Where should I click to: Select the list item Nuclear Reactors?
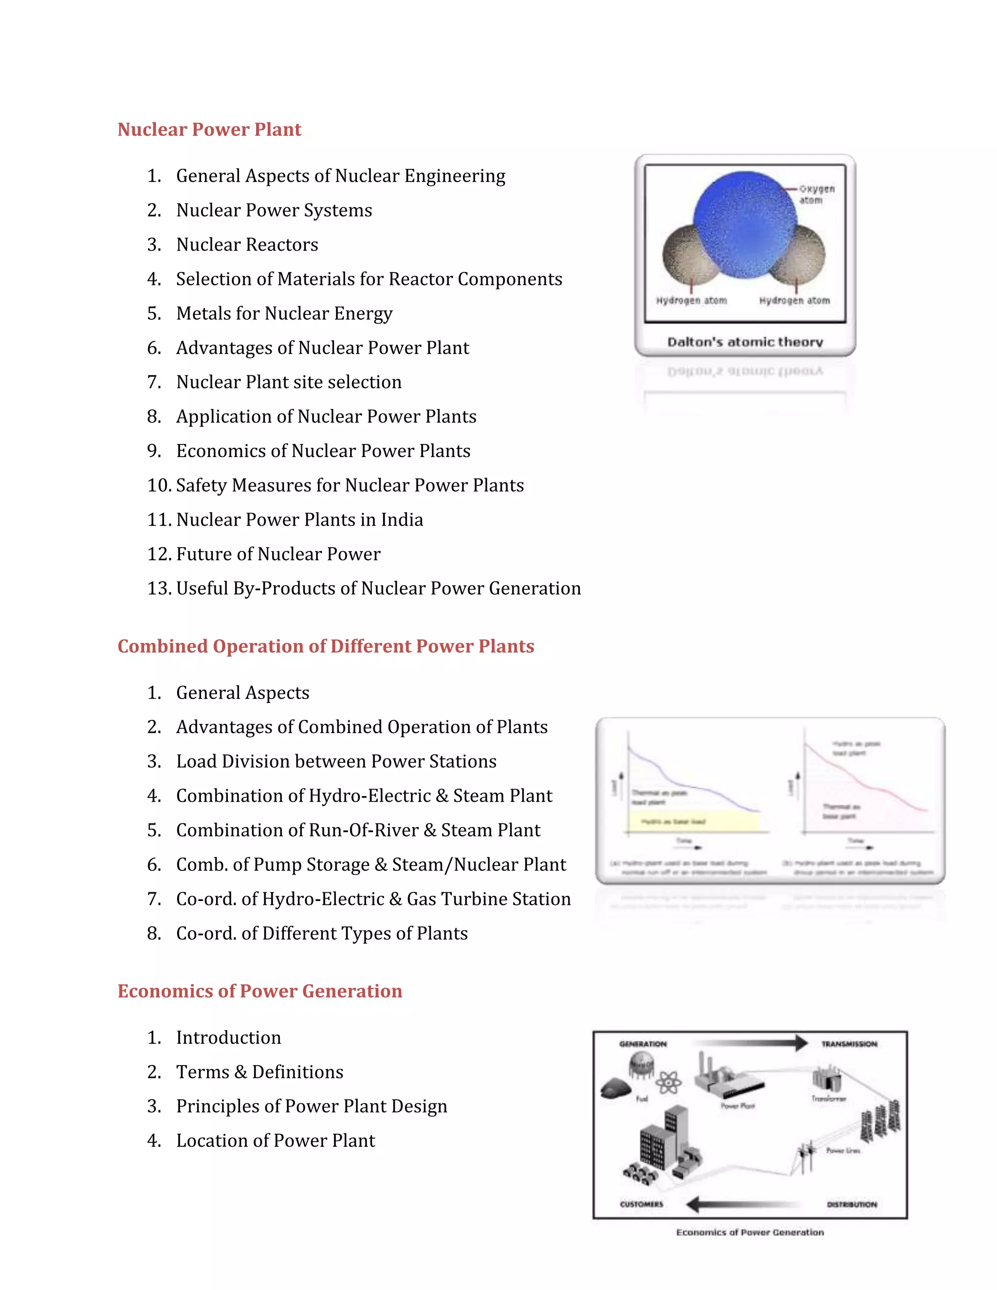[247, 244]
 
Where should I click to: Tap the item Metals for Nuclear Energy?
[284, 313]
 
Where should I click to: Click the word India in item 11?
[402, 520]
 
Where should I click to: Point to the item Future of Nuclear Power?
[278, 554]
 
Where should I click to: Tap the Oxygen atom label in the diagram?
[816, 194]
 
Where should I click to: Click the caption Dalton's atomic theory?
[745, 342]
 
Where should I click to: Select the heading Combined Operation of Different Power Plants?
[326, 646]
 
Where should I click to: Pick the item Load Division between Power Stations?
[336, 761]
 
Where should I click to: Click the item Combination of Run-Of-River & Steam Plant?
[358, 830]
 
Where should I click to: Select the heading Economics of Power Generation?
[260, 991]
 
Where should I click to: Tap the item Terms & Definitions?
[259, 1072]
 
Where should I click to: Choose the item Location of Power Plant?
[275, 1141]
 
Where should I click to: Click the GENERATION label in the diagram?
[643, 1044]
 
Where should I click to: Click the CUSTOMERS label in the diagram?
[642, 1204]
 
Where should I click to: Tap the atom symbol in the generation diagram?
[668, 1083]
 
